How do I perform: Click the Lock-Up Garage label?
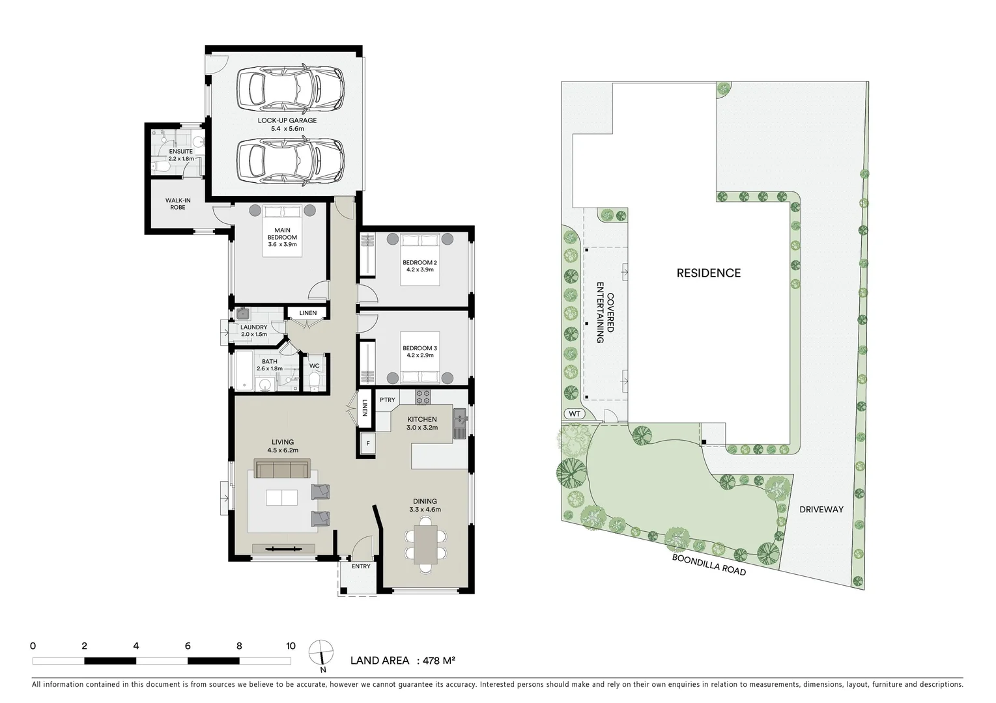tap(287, 120)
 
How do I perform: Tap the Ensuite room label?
tap(180, 152)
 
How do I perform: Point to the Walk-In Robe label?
tap(178, 204)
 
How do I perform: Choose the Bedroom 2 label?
tap(420, 262)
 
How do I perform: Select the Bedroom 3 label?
tap(420, 348)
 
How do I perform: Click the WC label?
tap(314, 366)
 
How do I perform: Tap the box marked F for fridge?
tap(367, 444)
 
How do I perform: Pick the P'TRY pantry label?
tap(387, 400)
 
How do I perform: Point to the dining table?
tap(425, 545)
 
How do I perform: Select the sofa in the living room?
tap(281, 469)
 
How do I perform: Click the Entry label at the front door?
tap(360, 566)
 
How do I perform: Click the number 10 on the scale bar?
tap(291, 646)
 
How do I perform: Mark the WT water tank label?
tap(574, 413)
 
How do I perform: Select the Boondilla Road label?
tap(709, 560)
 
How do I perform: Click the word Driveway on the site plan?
tap(821, 509)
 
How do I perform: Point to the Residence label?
tap(708, 273)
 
